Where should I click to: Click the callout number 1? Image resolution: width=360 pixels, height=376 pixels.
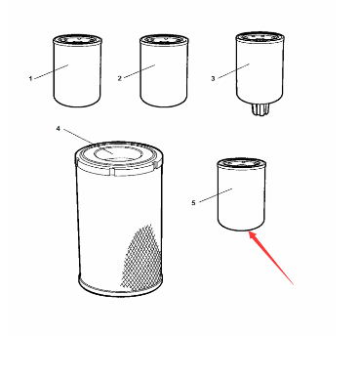click(x=30, y=78)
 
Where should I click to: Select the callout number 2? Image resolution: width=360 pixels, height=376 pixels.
click(x=119, y=78)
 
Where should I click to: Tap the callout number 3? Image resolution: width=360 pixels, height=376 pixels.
click(x=213, y=78)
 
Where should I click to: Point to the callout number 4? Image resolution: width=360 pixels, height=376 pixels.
click(x=58, y=129)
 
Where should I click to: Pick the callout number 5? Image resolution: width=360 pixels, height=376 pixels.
click(x=193, y=203)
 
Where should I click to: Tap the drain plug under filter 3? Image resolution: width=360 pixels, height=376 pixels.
click(x=260, y=109)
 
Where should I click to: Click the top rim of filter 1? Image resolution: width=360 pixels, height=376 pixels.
click(x=77, y=40)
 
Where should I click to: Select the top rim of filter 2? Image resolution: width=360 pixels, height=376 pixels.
click(x=164, y=40)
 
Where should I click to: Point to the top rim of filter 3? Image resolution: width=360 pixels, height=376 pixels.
click(x=260, y=37)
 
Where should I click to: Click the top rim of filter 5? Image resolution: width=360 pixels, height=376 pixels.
click(x=241, y=163)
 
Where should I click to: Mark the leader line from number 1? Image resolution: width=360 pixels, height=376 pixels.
click(x=51, y=71)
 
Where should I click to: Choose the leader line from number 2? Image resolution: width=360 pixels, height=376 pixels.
click(x=140, y=71)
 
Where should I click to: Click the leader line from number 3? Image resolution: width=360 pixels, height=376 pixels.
click(x=233, y=71)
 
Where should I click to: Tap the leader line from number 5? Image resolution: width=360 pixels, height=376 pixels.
click(x=216, y=195)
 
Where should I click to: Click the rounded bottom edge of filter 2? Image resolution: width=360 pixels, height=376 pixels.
click(x=164, y=103)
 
